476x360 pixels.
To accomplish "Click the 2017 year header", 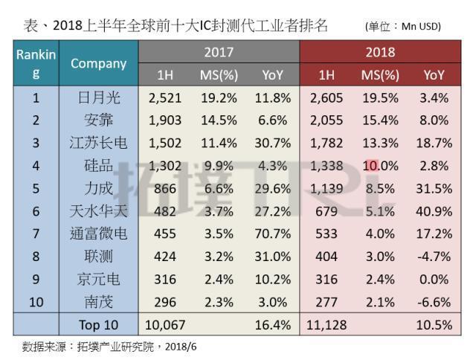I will click(219, 52).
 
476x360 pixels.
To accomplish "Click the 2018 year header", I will click(380, 52).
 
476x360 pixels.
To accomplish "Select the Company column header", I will click(99, 63).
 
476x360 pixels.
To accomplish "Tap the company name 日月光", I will click(99, 97).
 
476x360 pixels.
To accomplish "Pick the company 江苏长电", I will click(99, 142).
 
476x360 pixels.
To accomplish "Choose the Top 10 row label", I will click(99, 325).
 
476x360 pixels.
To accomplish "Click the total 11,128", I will click(326, 325).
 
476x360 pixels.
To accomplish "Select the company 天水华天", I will click(99, 210).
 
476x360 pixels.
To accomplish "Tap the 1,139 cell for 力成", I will click(326, 187).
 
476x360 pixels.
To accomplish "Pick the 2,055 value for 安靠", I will click(326, 119).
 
